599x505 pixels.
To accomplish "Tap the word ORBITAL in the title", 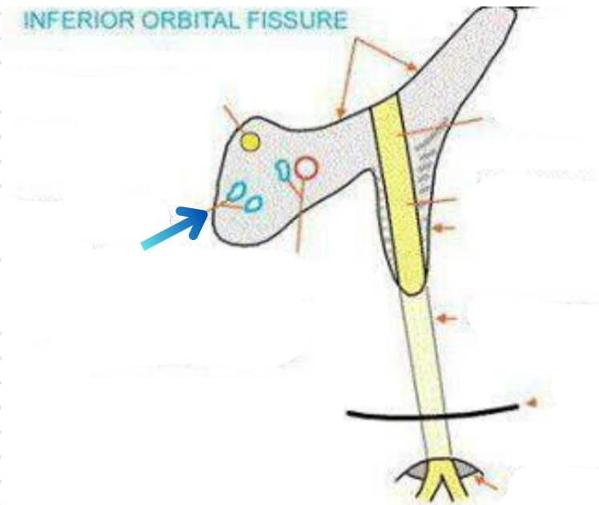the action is click(x=177, y=20).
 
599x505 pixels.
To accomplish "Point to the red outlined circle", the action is click(x=306, y=168).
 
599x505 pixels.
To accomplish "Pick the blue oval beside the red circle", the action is click(x=282, y=169).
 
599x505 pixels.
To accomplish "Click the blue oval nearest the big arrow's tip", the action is click(x=236, y=191).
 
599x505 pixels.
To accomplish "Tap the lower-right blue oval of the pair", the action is click(x=253, y=202).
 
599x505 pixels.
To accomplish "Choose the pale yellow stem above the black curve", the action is click(x=423, y=352).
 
